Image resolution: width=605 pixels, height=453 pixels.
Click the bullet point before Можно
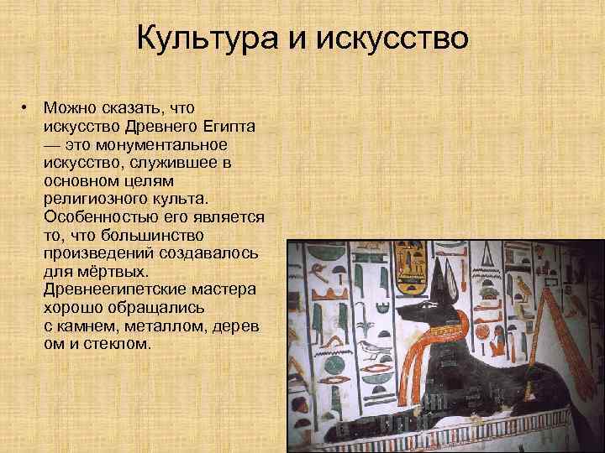point(26,108)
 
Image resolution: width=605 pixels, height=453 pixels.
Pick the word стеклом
point(114,343)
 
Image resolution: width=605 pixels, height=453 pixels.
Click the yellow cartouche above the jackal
point(412,256)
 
